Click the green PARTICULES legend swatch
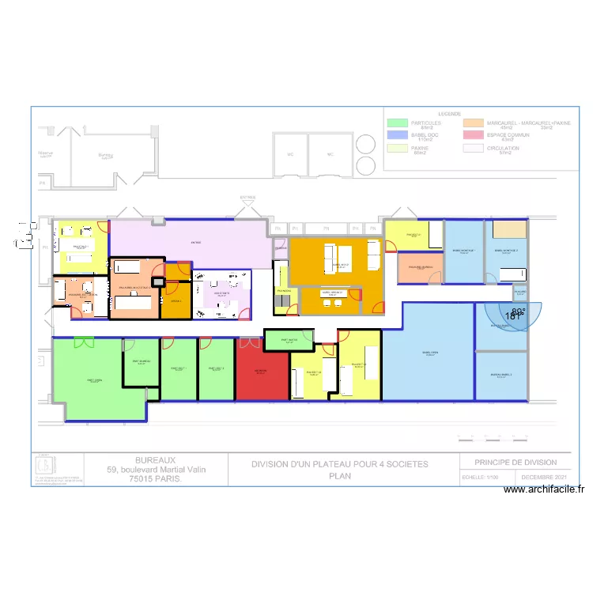pos(398,123)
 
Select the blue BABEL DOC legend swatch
pos(398,136)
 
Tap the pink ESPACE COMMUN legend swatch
pos(474,136)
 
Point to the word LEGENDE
pos(449,114)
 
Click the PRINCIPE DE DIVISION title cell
pos(516,463)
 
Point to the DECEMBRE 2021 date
pos(543,478)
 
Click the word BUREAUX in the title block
pos(156,459)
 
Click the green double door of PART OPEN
pos(83,342)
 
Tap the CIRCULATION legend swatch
pos(474,148)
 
